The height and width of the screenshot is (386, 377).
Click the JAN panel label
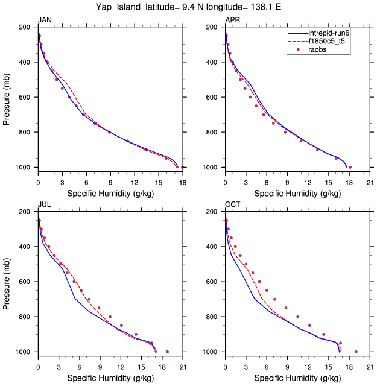(x=45, y=21)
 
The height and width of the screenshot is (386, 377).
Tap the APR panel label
(x=232, y=21)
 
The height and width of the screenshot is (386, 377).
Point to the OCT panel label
(x=233, y=205)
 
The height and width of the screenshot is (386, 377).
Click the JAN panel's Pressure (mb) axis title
(x=7, y=97)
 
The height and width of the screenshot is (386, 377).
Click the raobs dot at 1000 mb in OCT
(x=356, y=352)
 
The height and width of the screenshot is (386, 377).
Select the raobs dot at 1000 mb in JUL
(x=167, y=352)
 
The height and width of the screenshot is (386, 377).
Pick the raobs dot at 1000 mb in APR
(x=350, y=167)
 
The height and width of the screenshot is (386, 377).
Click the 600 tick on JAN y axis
(x=28, y=97)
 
